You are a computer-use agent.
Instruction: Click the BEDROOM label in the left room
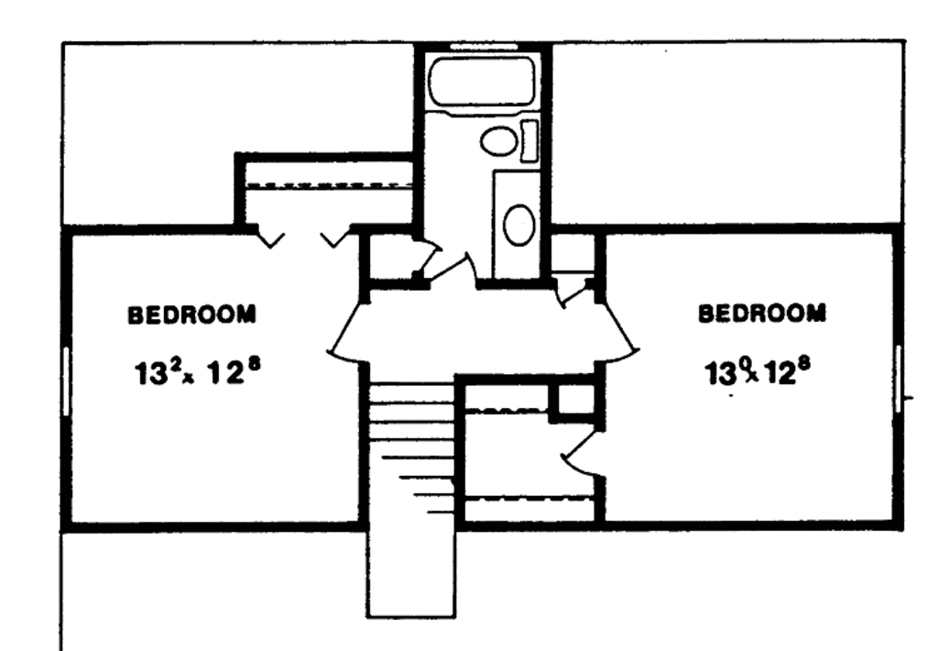[191, 315]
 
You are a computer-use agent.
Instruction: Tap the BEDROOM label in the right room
[761, 314]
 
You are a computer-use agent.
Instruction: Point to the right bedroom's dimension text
[759, 371]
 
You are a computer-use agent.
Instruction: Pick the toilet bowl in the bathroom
[498, 141]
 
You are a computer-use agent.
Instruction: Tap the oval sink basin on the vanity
[518, 224]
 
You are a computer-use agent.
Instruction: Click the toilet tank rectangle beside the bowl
[529, 140]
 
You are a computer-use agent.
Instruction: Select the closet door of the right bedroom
[579, 453]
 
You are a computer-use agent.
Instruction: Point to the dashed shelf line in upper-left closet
[326, 185]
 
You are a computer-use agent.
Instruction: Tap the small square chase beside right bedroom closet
[576, 401]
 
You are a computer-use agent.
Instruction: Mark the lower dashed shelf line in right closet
[529, 498]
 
